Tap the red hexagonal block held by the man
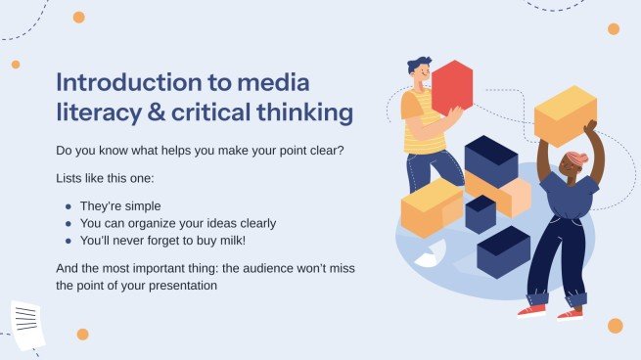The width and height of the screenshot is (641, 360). click(x=451, y=88)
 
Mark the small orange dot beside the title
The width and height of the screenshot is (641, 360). click(x=16, y=65)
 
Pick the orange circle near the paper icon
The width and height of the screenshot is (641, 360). click(x=82, y=335)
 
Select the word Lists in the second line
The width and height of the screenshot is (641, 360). click(x=72, y=180)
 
